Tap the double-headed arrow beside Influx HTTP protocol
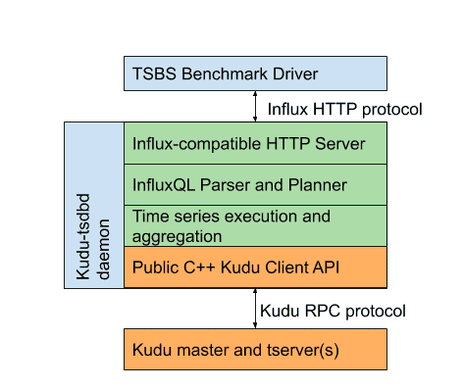point(256,106)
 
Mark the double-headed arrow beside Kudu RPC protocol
point(256,309)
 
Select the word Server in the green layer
point(339,144)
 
